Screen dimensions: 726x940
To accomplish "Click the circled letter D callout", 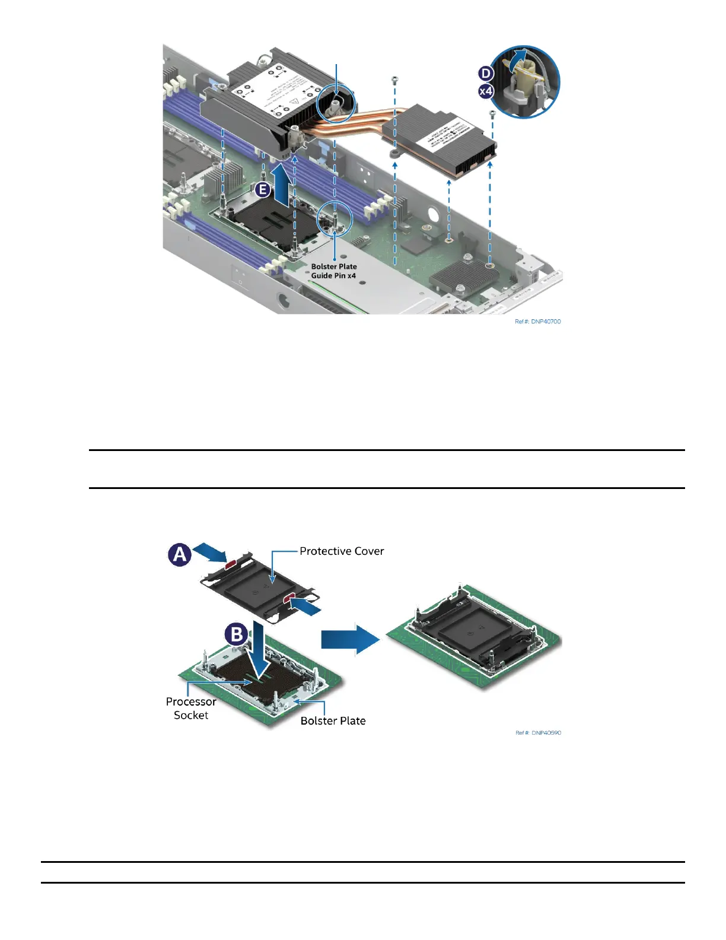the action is pos(486,74).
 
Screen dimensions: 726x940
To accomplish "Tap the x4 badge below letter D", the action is pos(486,91).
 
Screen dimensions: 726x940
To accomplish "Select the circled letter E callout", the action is pos(263,190).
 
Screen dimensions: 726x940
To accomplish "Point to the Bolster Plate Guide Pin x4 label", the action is pos(334,271).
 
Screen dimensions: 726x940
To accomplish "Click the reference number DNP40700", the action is pos(537,322).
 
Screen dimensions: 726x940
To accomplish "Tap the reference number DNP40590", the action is pos(538,733).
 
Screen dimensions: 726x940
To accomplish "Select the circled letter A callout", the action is pos(180,555).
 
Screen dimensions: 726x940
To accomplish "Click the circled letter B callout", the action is pos(237,634).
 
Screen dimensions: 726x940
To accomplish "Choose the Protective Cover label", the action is pos(342,551).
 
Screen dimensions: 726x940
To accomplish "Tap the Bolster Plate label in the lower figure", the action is pos(333,721).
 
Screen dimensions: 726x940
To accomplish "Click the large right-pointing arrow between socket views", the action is pos(350,639).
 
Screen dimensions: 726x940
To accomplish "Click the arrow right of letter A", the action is pos(211,551).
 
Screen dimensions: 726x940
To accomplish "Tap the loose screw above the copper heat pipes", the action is pos(394,80).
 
